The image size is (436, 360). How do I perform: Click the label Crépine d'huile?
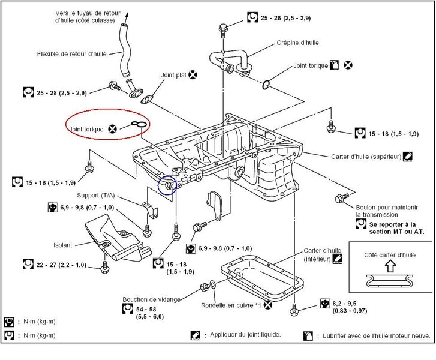298,43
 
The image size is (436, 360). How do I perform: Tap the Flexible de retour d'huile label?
72,54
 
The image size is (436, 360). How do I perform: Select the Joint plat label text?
173,75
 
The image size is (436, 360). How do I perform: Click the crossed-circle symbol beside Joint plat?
193,74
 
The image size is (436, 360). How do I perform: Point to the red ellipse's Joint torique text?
87,130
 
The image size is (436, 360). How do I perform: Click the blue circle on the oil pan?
167,185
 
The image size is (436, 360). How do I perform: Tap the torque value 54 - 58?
146,310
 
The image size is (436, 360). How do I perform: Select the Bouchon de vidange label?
151,299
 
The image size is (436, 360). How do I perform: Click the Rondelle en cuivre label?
231,305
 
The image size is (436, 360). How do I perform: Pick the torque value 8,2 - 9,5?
344,304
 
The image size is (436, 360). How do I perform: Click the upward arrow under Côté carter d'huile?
390,266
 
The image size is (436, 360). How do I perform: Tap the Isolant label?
62,245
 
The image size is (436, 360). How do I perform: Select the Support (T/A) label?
95,196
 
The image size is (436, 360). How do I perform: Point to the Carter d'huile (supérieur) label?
366,157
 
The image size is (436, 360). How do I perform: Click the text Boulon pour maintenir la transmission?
387,211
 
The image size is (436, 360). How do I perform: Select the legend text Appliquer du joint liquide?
245,335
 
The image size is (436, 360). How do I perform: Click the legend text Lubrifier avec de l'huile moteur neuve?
377,336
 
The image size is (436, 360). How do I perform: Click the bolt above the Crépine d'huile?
223,30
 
